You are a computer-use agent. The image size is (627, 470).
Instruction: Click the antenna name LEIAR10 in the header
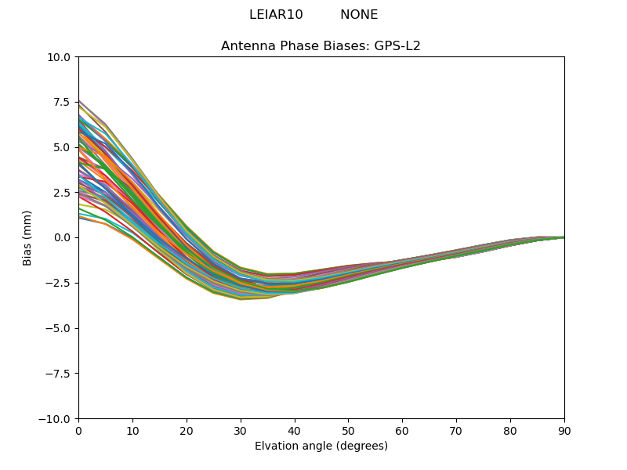click(x=276, y=15)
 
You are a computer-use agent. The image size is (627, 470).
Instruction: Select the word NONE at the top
click(x=359, y=15)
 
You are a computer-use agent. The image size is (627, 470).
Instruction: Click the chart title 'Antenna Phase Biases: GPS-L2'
click(x=321, y=46)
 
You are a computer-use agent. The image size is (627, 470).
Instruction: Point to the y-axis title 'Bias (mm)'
click(x=27, y=237)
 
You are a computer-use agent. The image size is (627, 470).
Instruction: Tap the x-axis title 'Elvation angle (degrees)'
click(x=321, y=446)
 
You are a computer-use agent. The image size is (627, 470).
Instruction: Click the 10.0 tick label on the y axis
click(x=61, y=57)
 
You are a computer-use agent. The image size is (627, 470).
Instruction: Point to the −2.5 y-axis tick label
click(x=60, y=283)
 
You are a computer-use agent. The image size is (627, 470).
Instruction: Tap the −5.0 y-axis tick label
click(x=60, y=328)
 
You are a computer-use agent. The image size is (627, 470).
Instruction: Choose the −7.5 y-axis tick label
click(x=60, y=374)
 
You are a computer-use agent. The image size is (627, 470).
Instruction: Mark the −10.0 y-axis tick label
click(x=57, y=418)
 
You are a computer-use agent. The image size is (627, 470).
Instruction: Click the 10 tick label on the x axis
click(x=132, y=430)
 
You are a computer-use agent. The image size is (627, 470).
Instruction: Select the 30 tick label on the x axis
click(x=241, y=430)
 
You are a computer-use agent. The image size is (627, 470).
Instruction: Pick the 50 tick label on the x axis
click(x=348, y=430)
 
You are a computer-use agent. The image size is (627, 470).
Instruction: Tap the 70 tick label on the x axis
click(x=456, y=430)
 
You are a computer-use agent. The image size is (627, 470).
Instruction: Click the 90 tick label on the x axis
click(x=564, y=430)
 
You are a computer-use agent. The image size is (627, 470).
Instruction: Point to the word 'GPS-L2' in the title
click(x=397, y=46)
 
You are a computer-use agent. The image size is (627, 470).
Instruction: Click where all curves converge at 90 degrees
click(x=563, y=237)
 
